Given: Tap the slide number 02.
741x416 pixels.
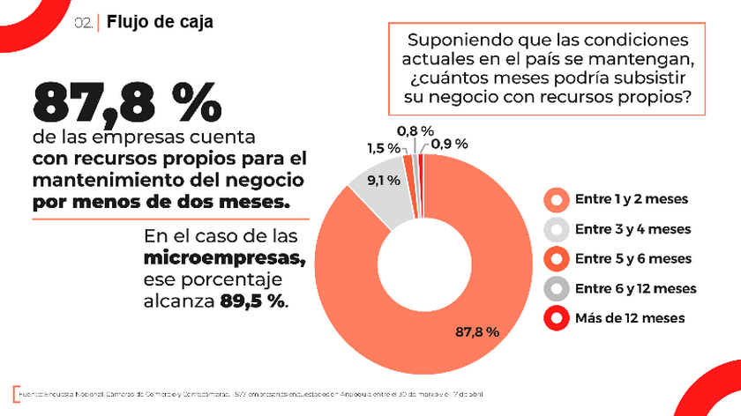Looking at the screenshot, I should tap(84, 24).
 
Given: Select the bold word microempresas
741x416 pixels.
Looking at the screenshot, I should tap(225, 259).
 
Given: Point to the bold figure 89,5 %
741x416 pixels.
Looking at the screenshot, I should tap(251, 301).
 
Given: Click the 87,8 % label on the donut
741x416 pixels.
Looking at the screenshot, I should tap(477, 332).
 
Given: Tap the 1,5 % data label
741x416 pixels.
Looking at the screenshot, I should tap(382, 148).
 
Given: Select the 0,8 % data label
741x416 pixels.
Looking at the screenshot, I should tap(415, 130).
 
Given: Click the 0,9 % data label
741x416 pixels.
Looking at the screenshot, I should tap(449, 144).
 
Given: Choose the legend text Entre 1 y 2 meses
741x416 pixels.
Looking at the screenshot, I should tap(632, 199).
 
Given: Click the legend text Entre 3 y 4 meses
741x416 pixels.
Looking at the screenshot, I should tap(632, 229).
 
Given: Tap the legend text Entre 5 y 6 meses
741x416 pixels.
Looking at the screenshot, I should tap(632, 258).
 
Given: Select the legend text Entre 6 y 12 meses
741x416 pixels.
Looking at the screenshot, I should tap(635, 288).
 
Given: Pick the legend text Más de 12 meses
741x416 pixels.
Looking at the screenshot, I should tap(630, 317).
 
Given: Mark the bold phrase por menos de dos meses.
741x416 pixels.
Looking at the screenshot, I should tap(161, 202).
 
